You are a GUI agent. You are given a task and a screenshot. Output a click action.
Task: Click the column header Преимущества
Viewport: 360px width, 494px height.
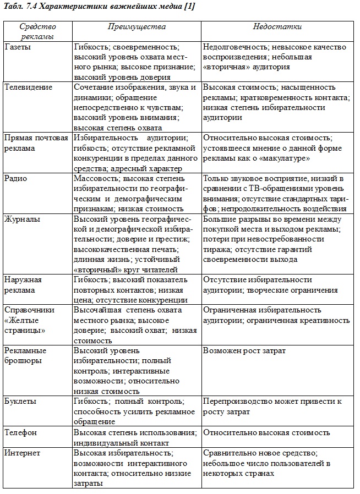[x=136, y=26]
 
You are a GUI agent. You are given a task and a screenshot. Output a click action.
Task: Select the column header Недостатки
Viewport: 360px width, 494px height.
[x=277, y=26]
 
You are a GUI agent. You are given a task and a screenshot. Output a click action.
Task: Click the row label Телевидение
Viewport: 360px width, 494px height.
[x=28, y=87]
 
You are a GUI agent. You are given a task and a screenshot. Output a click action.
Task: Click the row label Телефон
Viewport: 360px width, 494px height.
[x=21, y=432]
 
